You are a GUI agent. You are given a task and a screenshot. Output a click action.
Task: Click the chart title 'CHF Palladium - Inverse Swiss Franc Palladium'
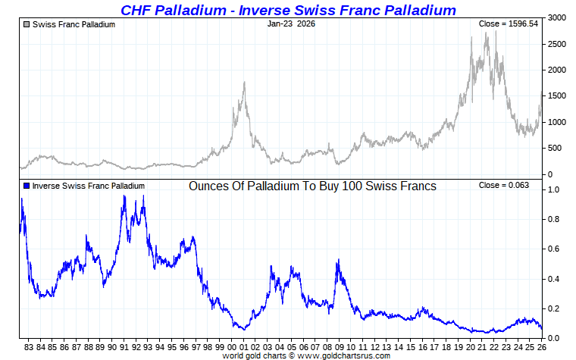[x=288, y=10]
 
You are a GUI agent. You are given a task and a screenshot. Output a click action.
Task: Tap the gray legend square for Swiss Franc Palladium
[x=27, y=24]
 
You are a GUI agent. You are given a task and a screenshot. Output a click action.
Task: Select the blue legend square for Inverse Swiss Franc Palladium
[x=27, y=186]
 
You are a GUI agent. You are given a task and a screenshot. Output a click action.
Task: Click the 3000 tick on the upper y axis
[x=556, y=17]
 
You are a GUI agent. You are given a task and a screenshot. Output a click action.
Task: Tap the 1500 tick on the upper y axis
[x=556, y=96]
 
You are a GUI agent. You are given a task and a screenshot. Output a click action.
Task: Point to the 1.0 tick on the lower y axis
[x=554, y=190]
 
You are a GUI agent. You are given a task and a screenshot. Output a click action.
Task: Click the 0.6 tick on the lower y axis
[x=554, y=249]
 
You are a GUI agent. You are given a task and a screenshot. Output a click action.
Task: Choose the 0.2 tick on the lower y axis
[x=554, y=308]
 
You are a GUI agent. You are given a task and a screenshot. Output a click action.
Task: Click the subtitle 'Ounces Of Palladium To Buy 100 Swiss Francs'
[x=312, y=186]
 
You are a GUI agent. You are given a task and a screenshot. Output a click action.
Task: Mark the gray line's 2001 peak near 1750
[x=244, y=83]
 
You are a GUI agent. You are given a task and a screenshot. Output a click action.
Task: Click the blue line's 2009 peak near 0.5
[x=337, y=261]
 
